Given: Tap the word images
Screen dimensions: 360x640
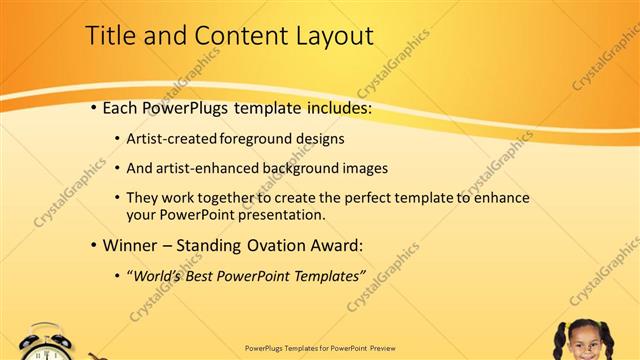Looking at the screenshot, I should coord(357,168).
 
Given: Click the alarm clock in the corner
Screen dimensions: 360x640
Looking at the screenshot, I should coord(46,343).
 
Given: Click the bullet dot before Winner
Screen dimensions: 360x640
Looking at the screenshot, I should coord(94,245).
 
